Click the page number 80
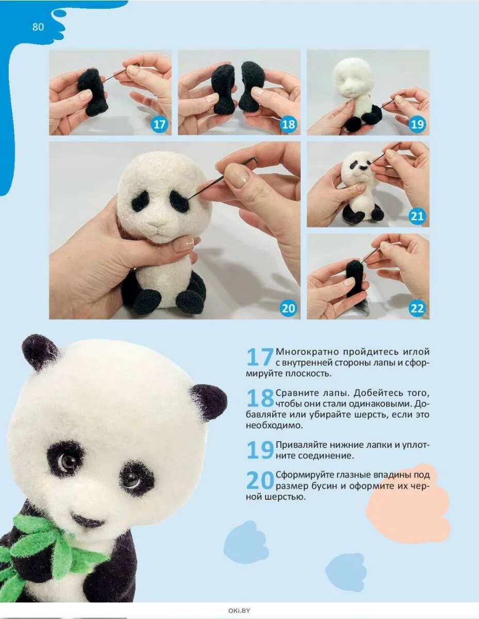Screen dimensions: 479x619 [38, 27]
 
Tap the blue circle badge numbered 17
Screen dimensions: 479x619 [159, 124]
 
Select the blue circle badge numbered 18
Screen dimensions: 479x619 [288, 124]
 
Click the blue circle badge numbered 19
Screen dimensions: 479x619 [417, 124]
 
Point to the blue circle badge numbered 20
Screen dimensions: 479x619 [288, 308]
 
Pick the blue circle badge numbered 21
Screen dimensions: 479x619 [417, 216]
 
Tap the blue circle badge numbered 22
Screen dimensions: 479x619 [417, 308]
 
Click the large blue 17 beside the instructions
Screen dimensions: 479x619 [260, 357]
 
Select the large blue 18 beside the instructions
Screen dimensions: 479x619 [260, 398]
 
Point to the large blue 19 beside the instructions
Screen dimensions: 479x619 [260, 450]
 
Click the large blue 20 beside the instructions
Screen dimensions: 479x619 [260, 480]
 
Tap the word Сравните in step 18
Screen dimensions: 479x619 [297, 393]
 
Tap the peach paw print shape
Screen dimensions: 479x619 [407, 496]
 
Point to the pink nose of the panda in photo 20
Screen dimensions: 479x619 [157, 225]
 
